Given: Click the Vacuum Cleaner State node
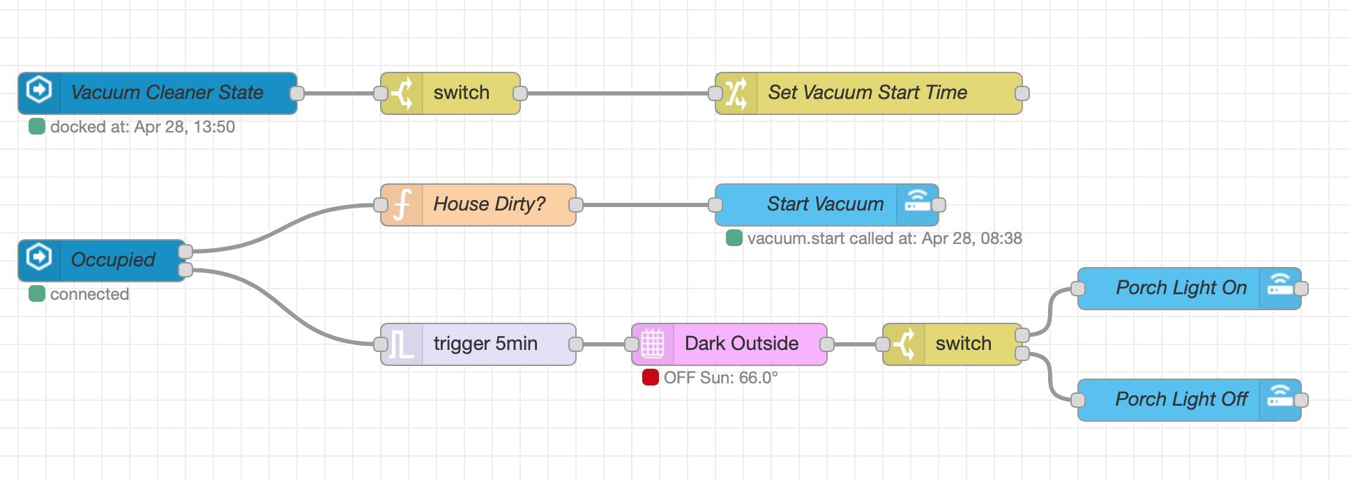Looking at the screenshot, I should tap(167, 93).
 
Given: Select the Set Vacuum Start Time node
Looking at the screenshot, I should tap(867, 93).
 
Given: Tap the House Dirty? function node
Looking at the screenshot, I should tap(489, 204).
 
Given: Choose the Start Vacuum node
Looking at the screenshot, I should tap(825, 204).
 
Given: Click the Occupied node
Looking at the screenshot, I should tap(112, 260).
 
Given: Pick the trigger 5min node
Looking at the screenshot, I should tap(485, 344).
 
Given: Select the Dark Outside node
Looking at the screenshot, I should tap(741, 344).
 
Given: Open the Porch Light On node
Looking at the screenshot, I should tap(1181, 288).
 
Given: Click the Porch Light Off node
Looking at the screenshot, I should tap(1181, 399).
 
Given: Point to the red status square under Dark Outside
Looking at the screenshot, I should tap(651, 378).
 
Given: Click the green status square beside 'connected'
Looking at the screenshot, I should tap(37, 294).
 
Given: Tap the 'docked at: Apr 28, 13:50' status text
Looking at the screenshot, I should tap(142, 127).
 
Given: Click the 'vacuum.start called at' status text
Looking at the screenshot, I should tap(884, 238).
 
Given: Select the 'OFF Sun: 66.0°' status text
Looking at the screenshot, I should tap(720, 378).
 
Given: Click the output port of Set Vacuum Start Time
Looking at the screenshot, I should tap(1022, 93).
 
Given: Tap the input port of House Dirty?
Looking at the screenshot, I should tap(381, 205).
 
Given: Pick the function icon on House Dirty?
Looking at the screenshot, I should tap(402, 205).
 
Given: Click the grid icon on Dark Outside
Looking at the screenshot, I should tap(653, 344).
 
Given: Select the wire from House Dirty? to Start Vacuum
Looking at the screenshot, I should tap(645, 205).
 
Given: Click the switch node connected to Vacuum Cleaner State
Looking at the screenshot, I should tap(461, 93).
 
